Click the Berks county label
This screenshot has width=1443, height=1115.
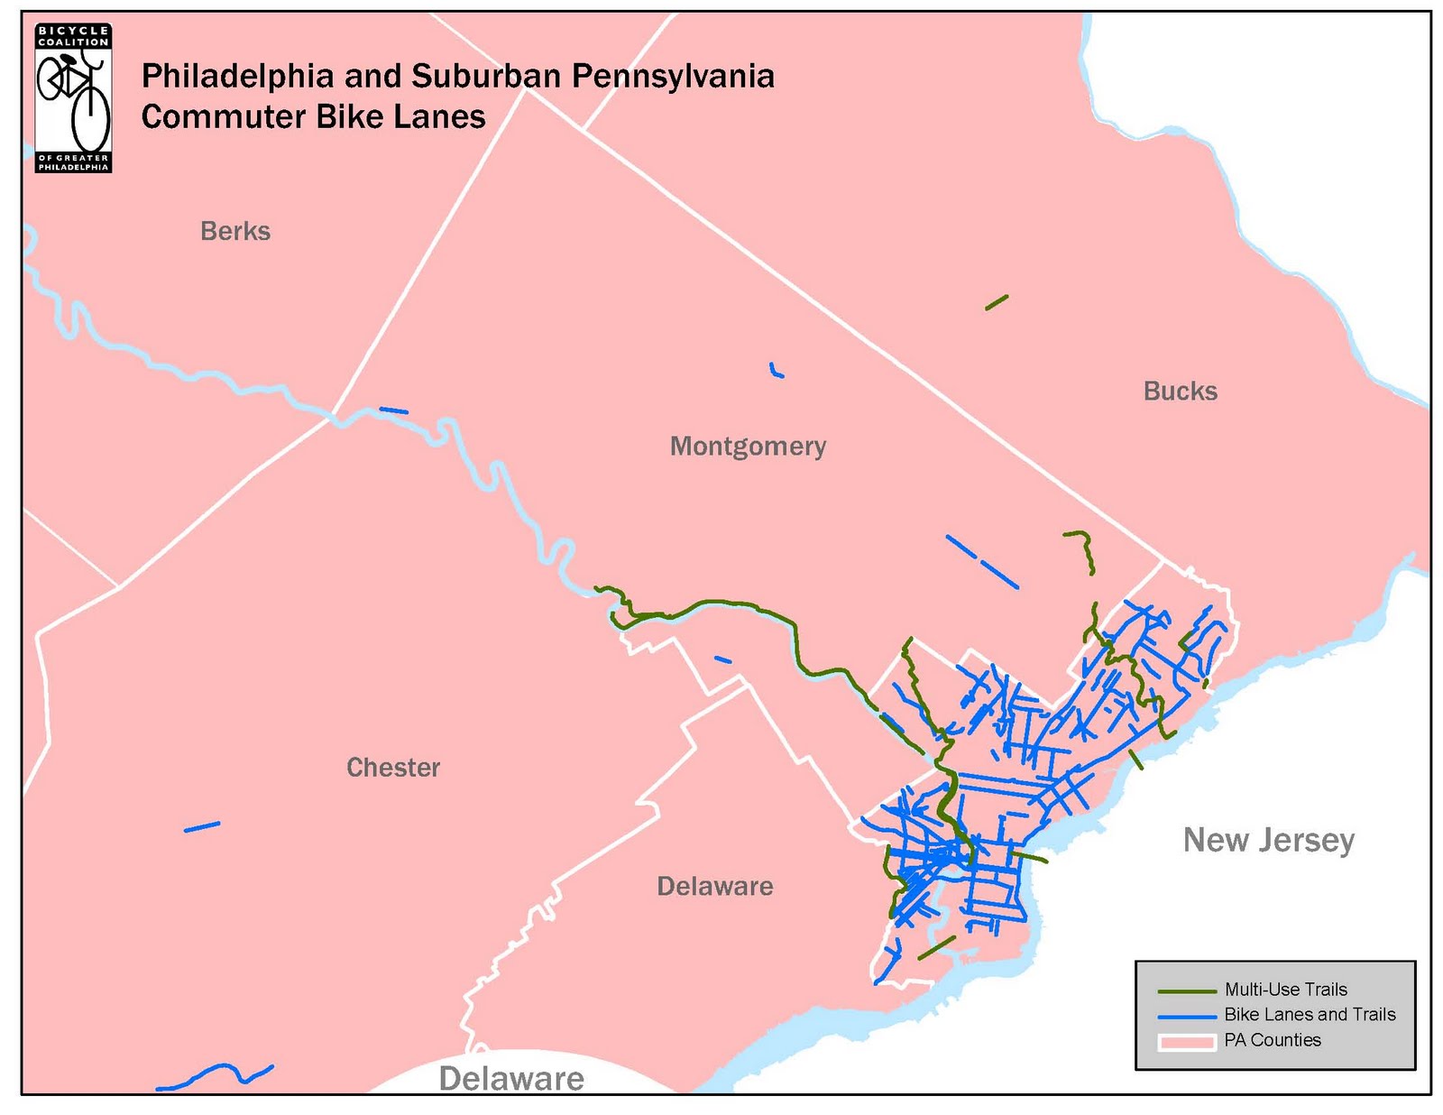[x=235, y=231]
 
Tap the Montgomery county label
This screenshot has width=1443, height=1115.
[x=748, y=446]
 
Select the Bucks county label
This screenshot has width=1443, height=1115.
[x=1180, y=391]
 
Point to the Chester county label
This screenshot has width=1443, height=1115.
[x=393, y=767]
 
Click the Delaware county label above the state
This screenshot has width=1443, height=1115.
[x=714, y=886]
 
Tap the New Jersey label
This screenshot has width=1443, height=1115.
[x=1268, y=840]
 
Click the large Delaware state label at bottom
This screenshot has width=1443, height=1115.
[x=511, y=1079]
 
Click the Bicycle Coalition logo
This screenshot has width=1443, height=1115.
[x=73, y=98]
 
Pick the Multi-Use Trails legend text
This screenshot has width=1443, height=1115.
[x=1285, y=990]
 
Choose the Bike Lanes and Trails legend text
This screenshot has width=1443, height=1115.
[x=1309, y=1015]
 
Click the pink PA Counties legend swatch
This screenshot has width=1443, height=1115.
[x=1186, y=1041]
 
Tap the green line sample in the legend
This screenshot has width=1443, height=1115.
[x=1186, y=991]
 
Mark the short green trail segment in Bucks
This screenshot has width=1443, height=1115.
[x=997, y=302]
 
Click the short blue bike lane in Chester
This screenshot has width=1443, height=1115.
[x=202, y=826]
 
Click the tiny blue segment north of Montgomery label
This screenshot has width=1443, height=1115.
[x=776, y=371]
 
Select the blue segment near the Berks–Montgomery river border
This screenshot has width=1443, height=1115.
[x=394, y=410]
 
